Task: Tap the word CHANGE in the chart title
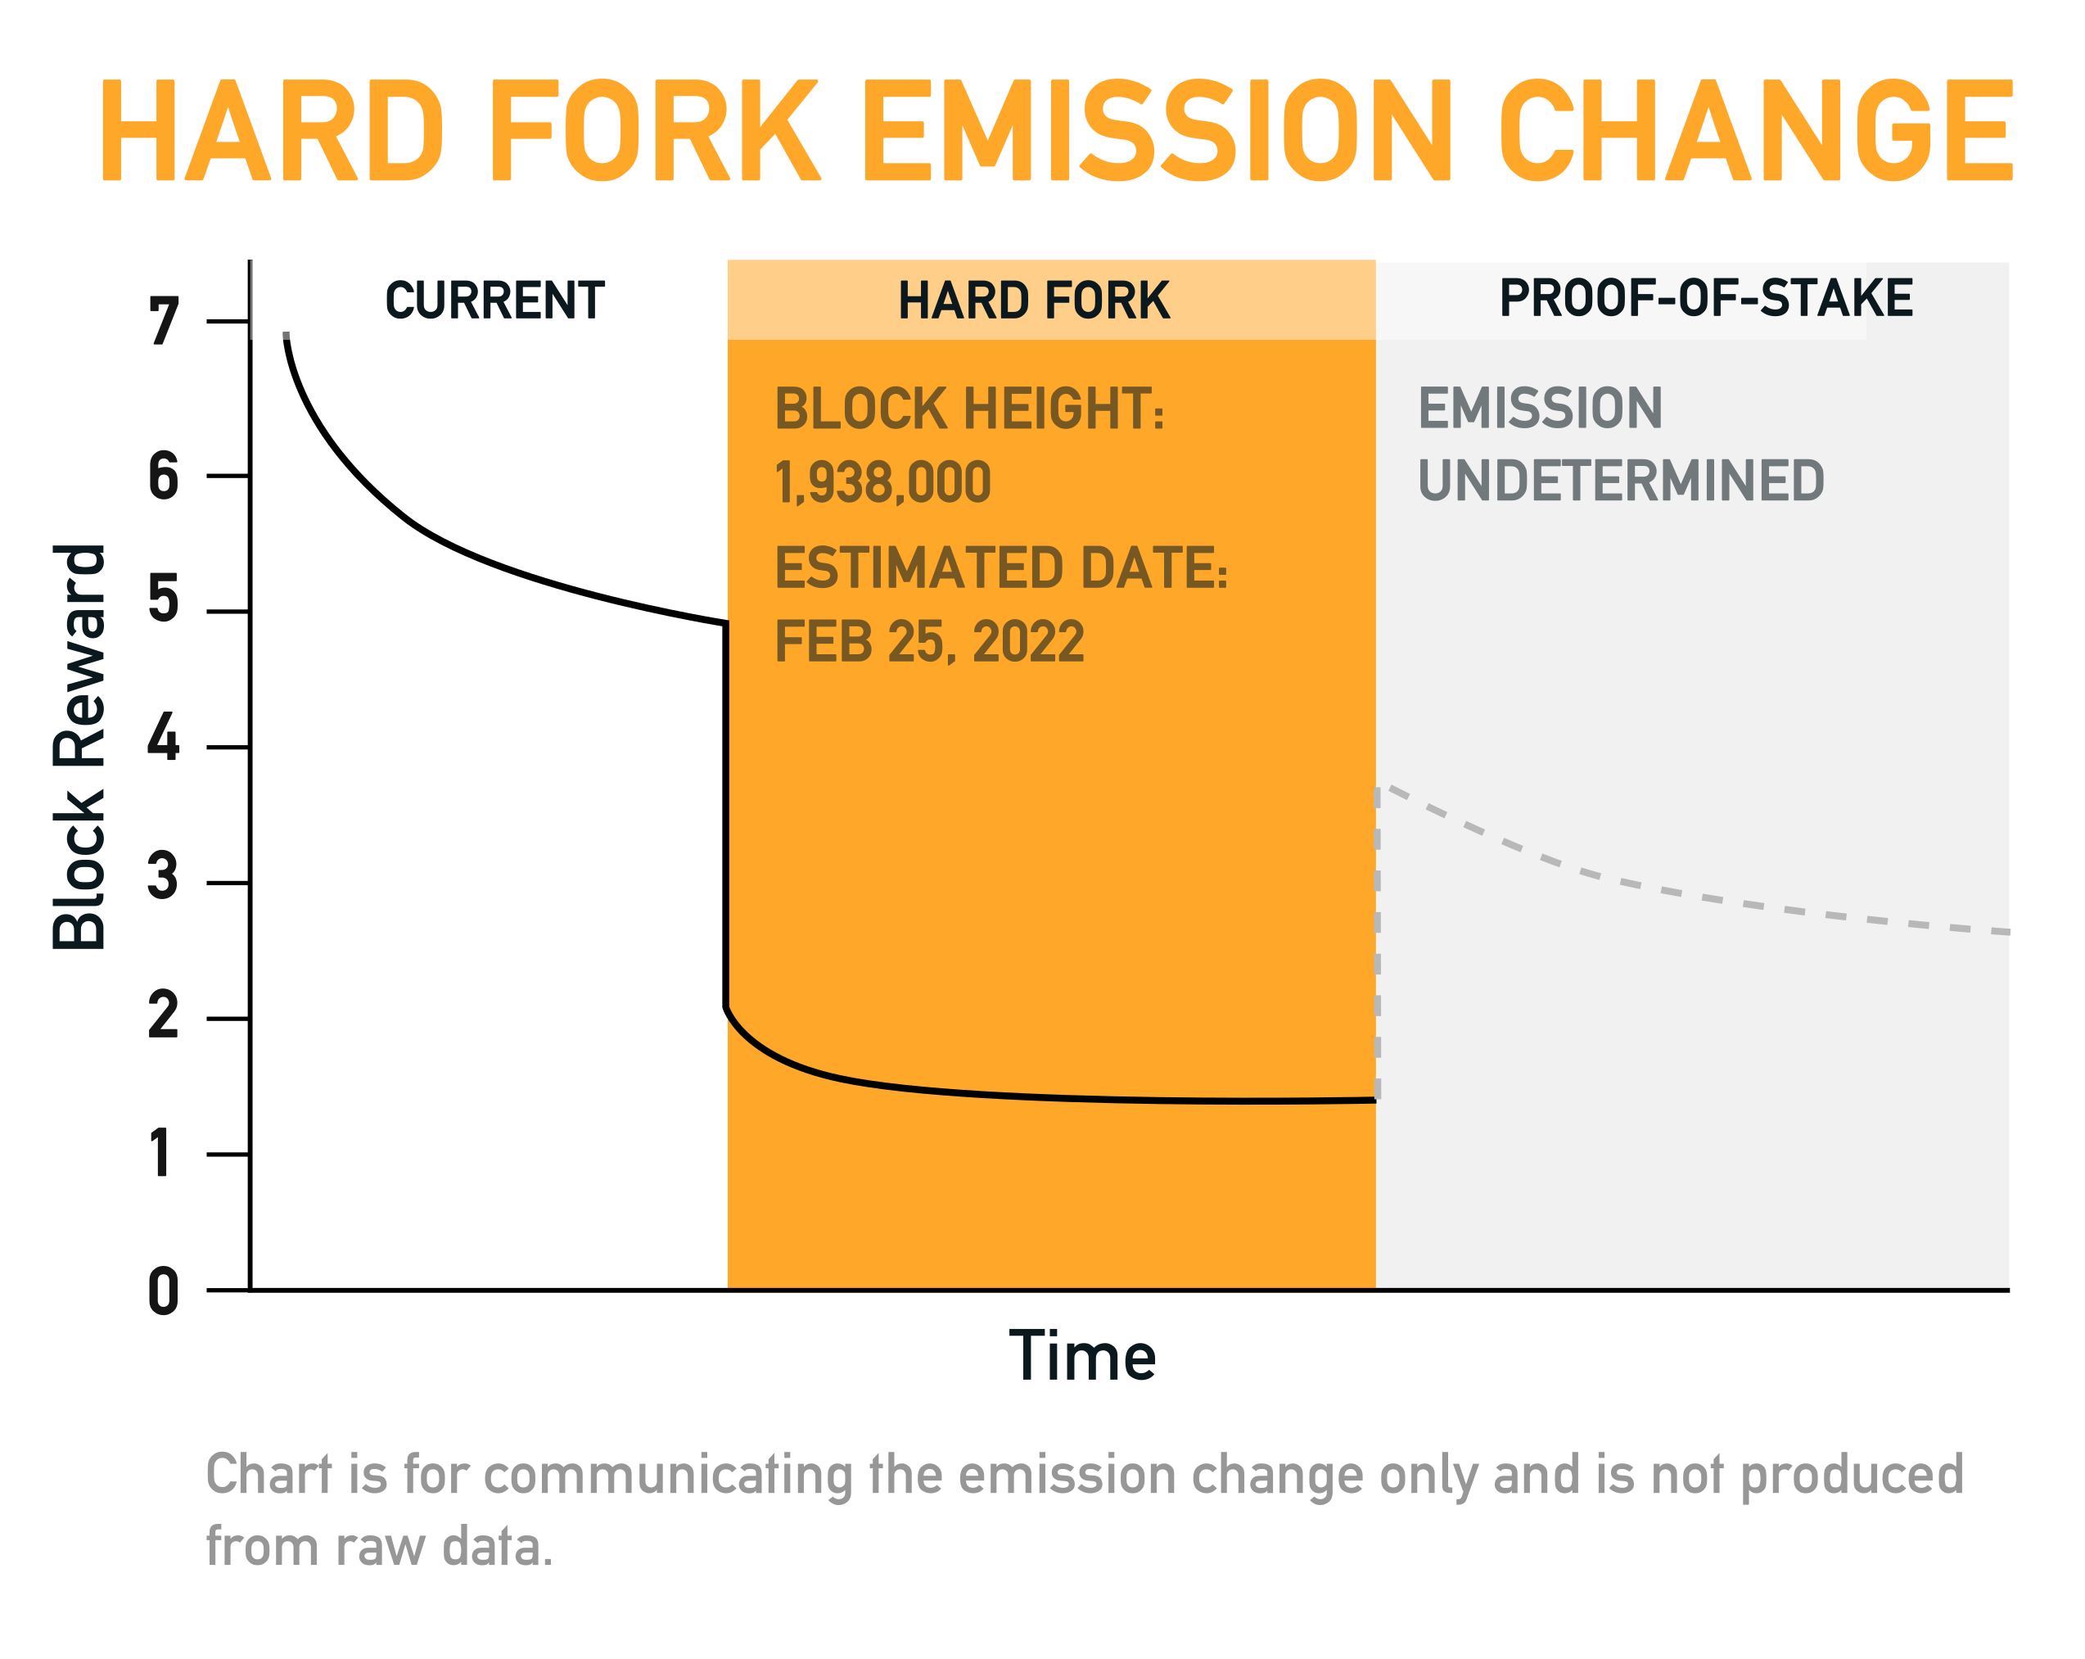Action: coord(1756,130)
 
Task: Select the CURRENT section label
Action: coord(495,301)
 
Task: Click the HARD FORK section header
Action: coord(1034,301)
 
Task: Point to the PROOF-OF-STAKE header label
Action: coord(1706,298)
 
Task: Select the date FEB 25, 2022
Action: coord(929,642)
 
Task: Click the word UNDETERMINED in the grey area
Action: coord(1621,481)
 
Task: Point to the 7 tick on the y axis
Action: coord(164,322)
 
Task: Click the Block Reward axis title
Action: coord(80,748)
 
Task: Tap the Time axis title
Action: coord(1082,1357)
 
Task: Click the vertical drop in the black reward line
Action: coord(725,815)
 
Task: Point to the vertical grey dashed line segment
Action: coord(1377,943)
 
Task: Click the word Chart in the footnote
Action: coord(255,1476)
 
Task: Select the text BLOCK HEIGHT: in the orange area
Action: coord(970,409)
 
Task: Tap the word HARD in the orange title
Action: coord(272,130)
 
